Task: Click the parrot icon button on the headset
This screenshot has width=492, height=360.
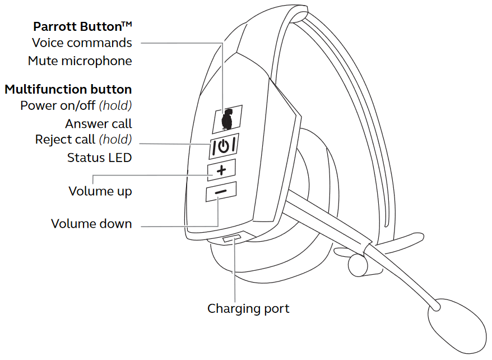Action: tap(228, 119)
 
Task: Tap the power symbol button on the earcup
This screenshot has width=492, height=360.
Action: tap(224, 146)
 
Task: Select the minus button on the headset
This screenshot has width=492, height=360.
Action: tap(221, 191)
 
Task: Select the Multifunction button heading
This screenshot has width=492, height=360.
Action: tap(68, 90)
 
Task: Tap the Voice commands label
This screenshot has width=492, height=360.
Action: tap(82, 43)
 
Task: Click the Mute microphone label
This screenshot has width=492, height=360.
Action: tap(80, 61)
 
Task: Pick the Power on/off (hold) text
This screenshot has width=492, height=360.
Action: tap(76, 106)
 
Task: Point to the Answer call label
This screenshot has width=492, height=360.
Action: tap(99, 124)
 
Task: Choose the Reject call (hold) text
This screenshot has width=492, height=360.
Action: tap(83, 140)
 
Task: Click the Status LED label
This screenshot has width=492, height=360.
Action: tap(100, 158)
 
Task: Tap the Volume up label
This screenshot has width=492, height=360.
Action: tap(100, 191)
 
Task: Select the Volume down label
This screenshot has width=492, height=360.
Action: tap(91, 224)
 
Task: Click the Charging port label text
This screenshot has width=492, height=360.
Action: tap(248, 309)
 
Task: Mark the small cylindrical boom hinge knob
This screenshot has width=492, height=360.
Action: tap(358, 265)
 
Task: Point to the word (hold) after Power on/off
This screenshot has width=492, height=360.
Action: tap(115, 106)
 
